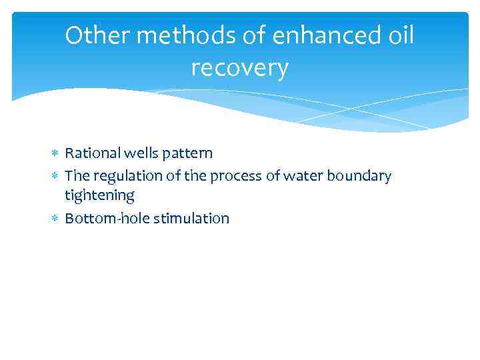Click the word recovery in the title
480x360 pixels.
[239, 68]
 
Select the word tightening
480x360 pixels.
[99, 196]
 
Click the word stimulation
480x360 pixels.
[191, 219]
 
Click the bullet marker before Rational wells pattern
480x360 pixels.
[55, 154]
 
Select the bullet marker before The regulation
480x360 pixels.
[55, 176]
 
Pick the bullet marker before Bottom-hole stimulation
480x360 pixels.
[55, 219]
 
